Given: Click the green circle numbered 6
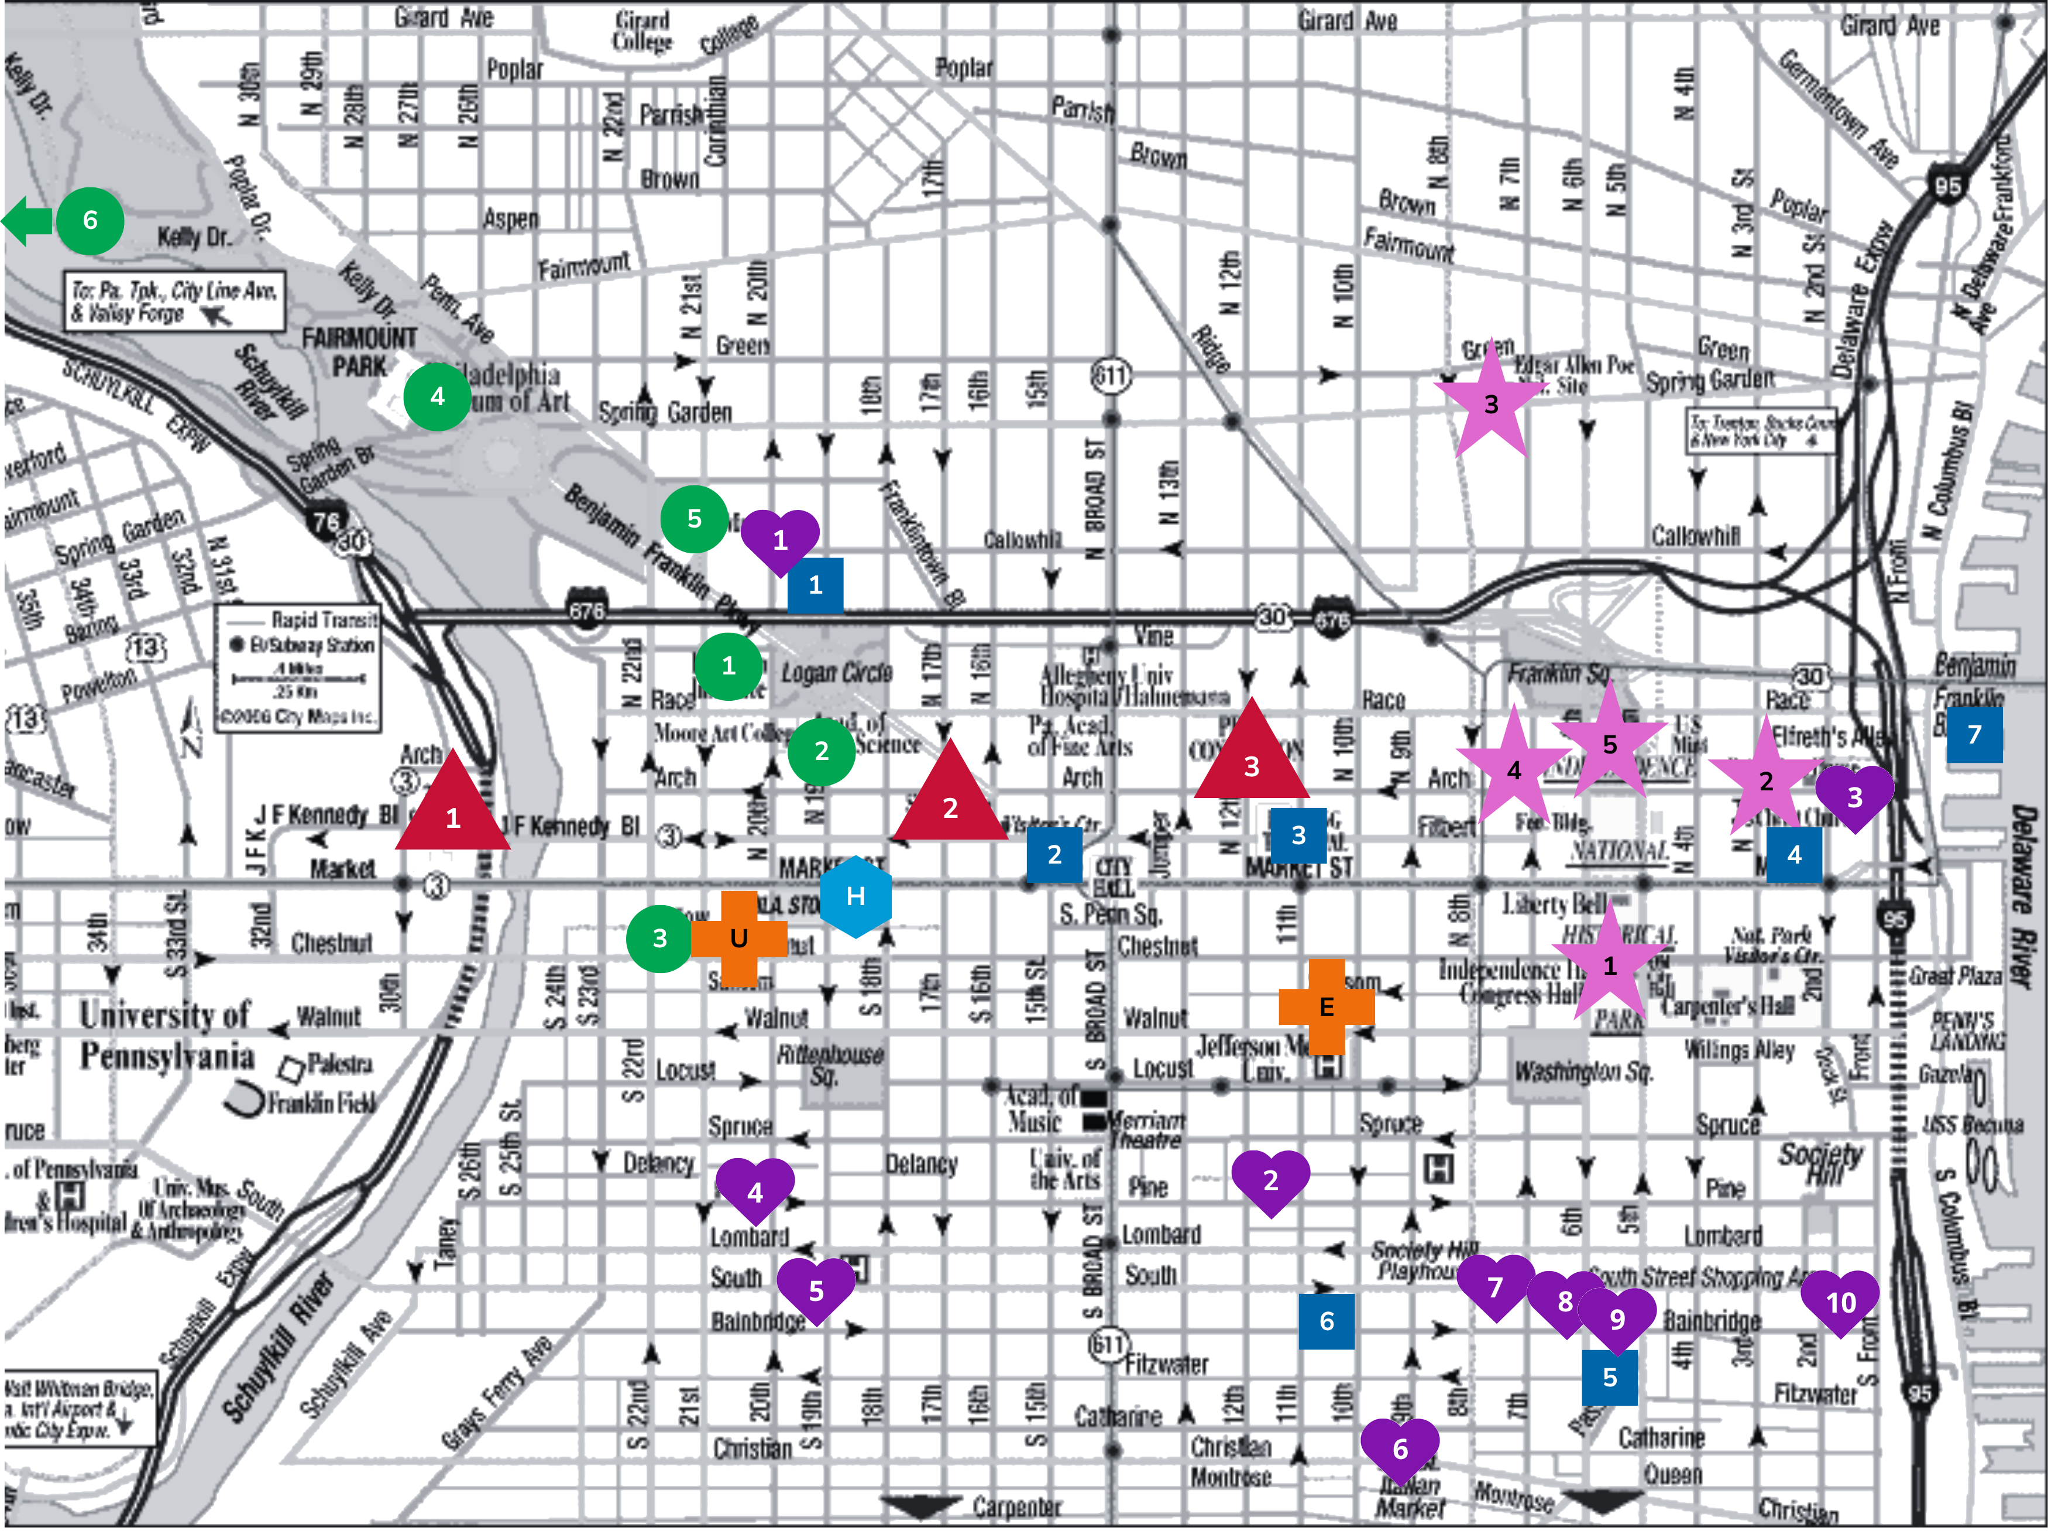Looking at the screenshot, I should point(90,221).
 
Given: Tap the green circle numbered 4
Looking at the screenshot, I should point(437,396).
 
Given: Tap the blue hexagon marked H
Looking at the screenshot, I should point(855,896).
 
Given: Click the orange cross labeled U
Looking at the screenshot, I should point(739,939).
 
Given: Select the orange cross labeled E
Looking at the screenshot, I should point(1326,1007).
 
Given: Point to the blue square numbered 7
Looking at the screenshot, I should point(1974,735).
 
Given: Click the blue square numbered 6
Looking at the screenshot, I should point(1326,1321).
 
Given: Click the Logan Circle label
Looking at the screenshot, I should point(837,673).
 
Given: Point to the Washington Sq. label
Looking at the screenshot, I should point(1582,1071).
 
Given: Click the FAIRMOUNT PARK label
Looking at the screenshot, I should point(359,352).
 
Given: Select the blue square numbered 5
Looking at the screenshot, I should point(1609,1377).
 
